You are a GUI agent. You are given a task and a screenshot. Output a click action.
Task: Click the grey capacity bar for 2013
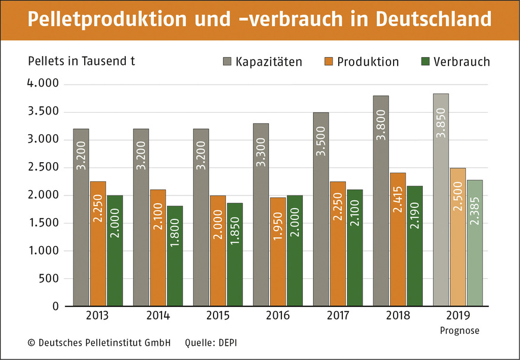[81, 218]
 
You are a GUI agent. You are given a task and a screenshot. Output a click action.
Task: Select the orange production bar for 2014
[157, 248]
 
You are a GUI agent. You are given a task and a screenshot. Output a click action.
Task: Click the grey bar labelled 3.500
[321, 209]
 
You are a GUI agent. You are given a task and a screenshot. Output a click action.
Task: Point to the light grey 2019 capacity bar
[441, 200]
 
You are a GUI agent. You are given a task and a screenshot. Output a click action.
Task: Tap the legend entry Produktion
[361, 62]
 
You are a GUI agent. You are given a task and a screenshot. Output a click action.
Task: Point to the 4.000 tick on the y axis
[43, 83]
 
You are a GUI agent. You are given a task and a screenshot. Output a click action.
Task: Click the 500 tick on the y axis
[48, 278]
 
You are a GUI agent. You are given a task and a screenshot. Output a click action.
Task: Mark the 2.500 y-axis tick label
[43, 167]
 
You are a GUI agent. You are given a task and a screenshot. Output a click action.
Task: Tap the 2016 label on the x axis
[277, 315]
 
